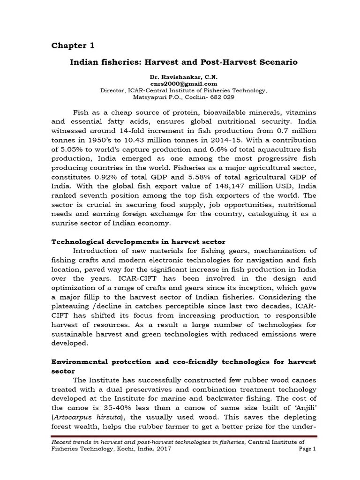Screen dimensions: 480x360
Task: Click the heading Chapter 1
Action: [x=73, y=45]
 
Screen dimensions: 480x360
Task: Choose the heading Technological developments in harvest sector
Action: [x=138, y=241]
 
